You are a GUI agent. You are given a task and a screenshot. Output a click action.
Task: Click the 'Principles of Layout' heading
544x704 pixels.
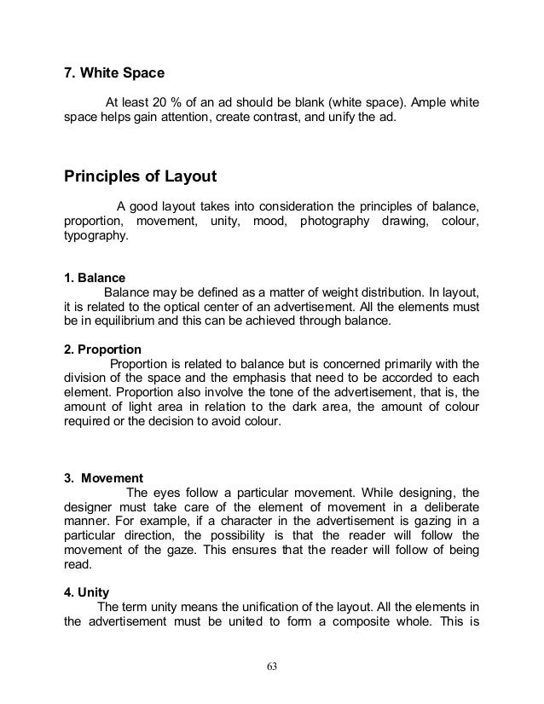[x=141, y=177]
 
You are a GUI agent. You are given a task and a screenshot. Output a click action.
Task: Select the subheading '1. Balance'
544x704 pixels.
[x=95, y=278]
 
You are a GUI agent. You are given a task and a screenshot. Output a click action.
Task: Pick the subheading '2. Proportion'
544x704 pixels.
[x=103, y=349]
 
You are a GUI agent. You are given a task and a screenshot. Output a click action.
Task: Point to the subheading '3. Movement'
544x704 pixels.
[x=103, y=476]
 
